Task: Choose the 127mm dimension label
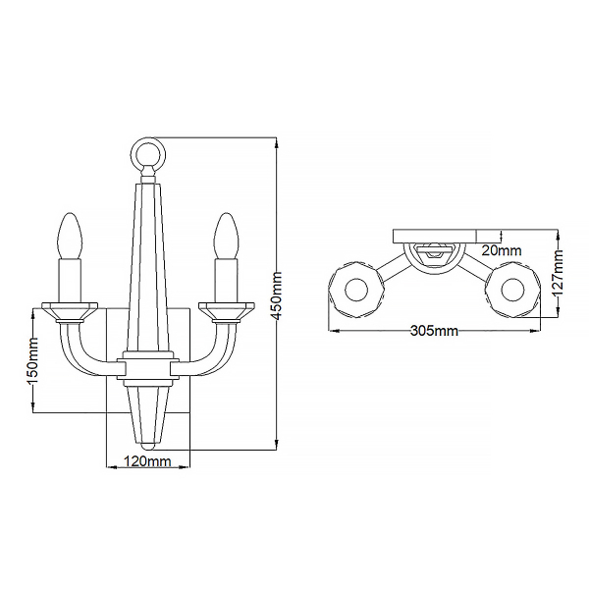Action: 557,274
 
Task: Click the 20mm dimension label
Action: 504,251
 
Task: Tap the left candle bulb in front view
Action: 71,236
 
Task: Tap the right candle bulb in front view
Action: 225,236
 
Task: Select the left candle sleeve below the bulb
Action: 71,280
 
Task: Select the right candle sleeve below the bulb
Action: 225,280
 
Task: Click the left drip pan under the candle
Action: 71,309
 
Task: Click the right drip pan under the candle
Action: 225,309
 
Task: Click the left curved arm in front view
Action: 83,348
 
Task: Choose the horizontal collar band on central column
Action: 148,364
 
